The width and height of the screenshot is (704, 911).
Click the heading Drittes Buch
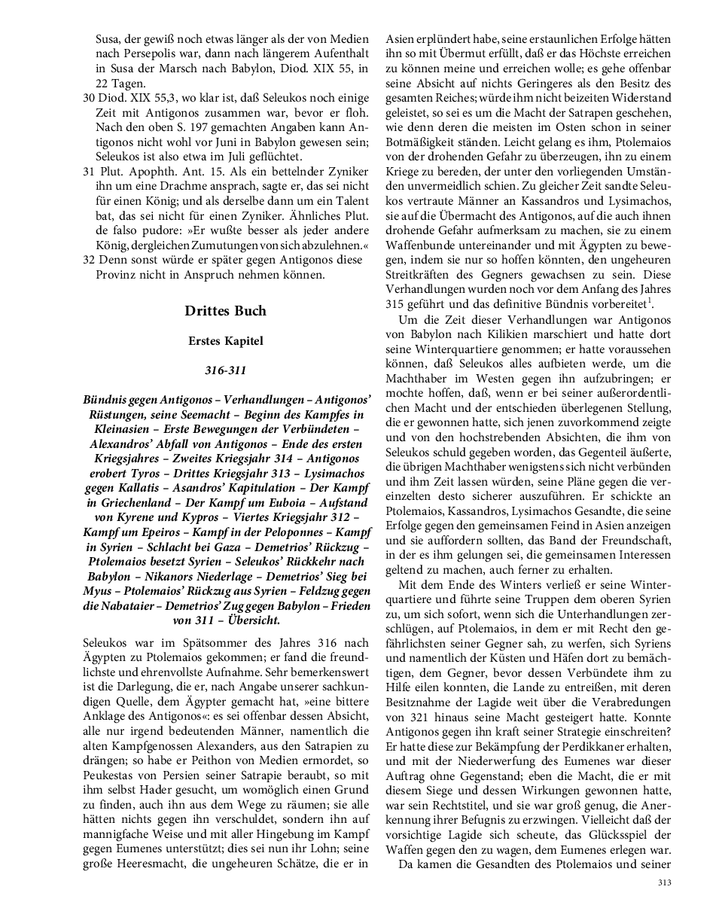[x=225, y=311]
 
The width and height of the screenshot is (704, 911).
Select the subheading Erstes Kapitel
[x=225, y=341]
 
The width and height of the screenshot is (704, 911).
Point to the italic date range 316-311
[x=225, y=370]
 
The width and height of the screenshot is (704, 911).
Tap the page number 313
[x=663, y=883]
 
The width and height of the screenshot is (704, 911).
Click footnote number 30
[x=89, y=99]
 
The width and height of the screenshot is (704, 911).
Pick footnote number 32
[x=89, y=261]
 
